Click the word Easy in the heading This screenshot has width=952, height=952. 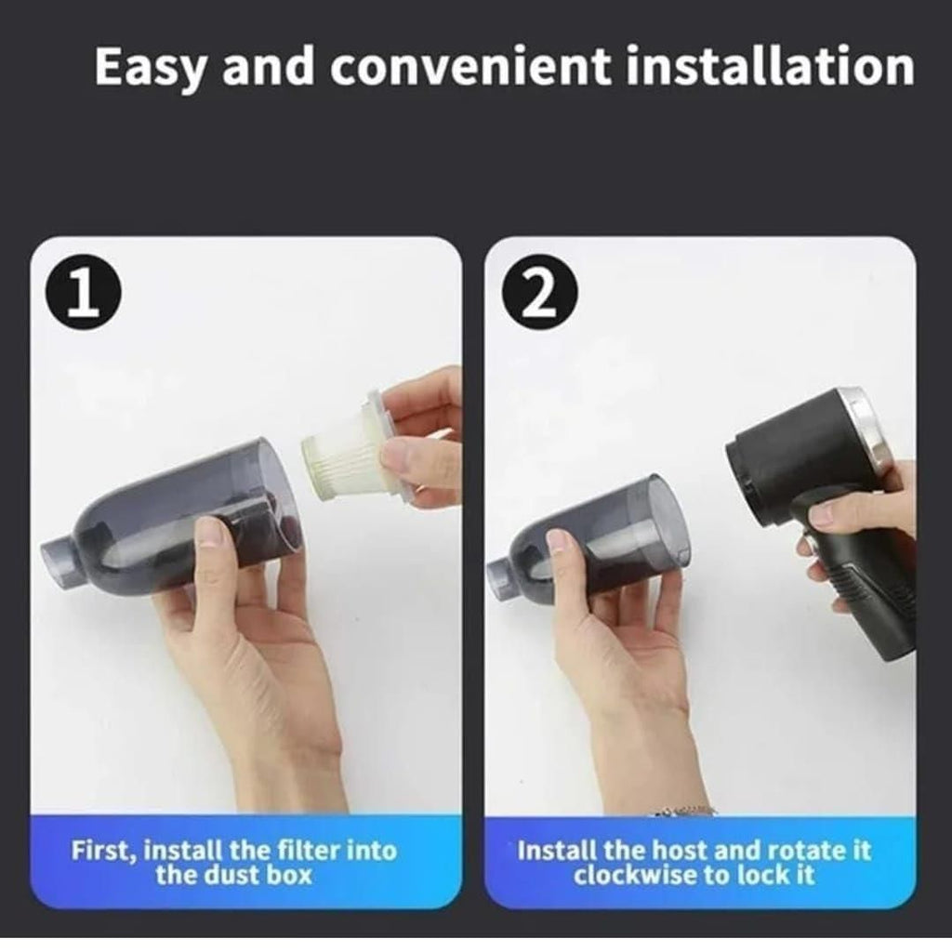(x=150, y=67)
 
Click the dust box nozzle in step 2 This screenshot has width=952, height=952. (x=503, y=575)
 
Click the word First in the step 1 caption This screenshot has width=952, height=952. (x=101, y=851)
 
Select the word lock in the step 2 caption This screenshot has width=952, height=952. (x=774, y=876)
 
